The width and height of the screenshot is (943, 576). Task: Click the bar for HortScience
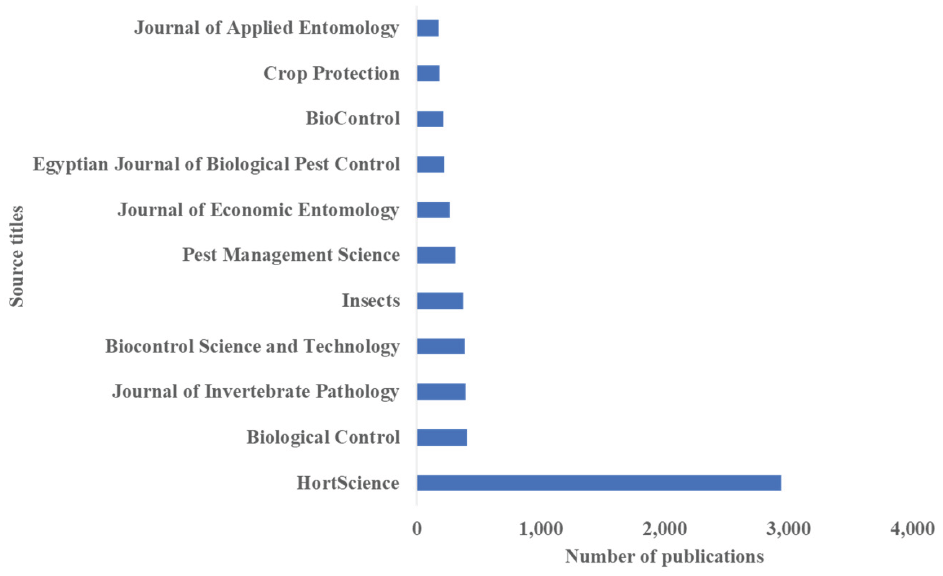click(599, 483)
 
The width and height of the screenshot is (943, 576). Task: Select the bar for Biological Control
click(442, 438)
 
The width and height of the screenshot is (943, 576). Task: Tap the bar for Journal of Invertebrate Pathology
click(441, 392)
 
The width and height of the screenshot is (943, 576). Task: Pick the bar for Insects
click(440, 301)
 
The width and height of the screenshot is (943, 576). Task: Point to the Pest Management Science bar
click(436, 255)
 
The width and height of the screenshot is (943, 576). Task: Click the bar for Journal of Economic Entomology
click(433, 210)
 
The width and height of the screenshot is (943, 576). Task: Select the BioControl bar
click(430, 118)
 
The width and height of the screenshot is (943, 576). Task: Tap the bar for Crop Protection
click(428, 73)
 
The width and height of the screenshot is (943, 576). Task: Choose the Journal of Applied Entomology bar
click(428, 28)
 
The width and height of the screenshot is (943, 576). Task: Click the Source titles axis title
click(16, 256)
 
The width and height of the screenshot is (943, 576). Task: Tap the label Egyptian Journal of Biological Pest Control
click(216, 165)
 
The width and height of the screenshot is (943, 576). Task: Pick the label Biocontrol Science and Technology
click(253, 347)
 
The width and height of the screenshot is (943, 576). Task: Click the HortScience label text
click(348, 483)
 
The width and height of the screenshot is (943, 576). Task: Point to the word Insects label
click(371, 301)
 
